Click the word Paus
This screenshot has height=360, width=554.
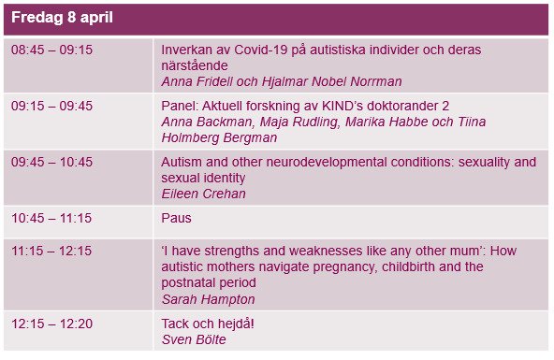coord(176,218)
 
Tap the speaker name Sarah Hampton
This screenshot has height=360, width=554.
coord(208,299)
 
